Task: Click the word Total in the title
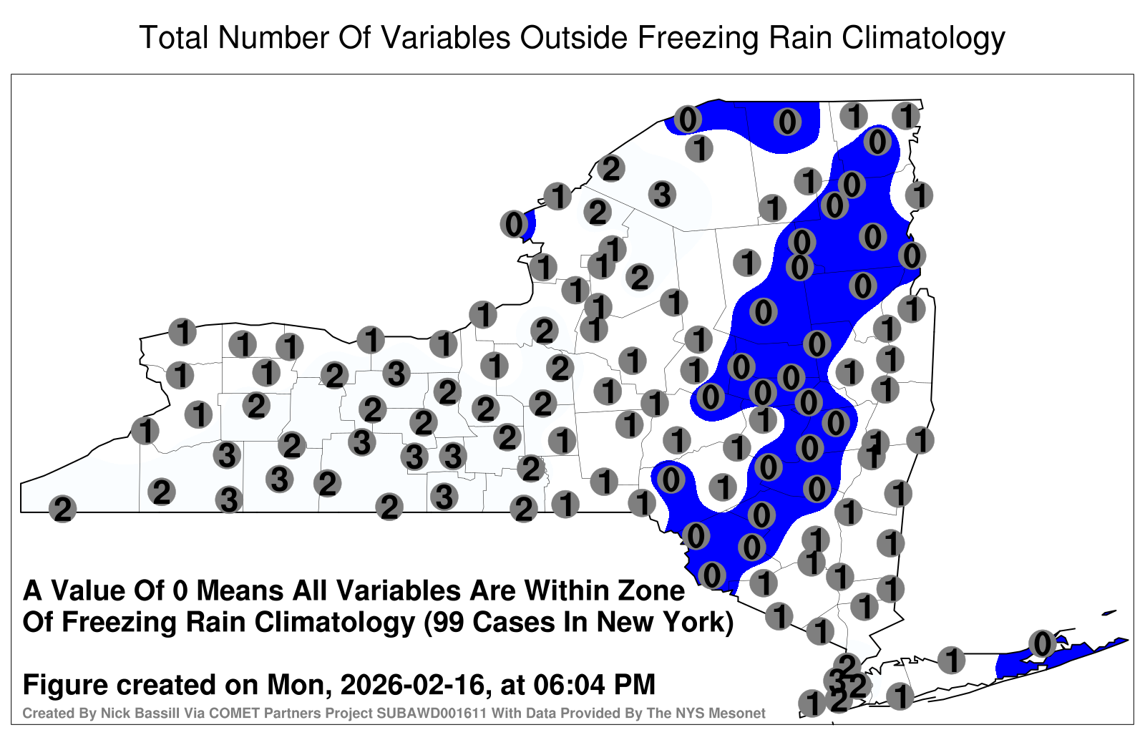click(174, 37)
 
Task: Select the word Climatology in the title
click(923, 39)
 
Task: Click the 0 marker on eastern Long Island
click(1042, 643)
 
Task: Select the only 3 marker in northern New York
click(662, 195)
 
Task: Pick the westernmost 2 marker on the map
click(62, 509)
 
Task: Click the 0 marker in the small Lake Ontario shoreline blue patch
click(514, 225)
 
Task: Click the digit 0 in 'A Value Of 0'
click(180, 591)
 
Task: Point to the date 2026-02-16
click(412, 684)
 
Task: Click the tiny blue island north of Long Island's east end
click(1109, 613)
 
